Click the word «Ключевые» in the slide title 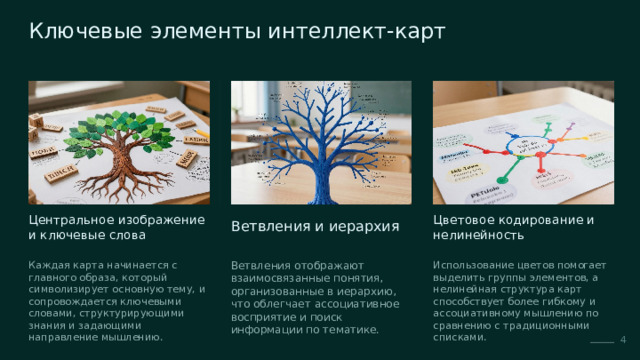(x=86, y=31)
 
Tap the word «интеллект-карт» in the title (x=356, y=31)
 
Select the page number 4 (x=623, y=340)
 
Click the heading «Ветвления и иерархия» (x=315, y=226)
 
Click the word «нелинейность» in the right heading (x=478, y=236)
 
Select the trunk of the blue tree (x=321, y=180)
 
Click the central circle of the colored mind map (x=527, y=145)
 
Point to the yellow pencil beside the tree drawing (x=201, y=132)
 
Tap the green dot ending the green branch (x=502, y=180)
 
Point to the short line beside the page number (x=602, y=342)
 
